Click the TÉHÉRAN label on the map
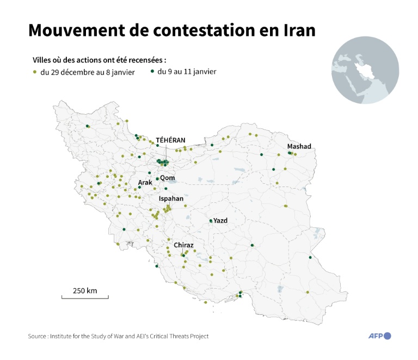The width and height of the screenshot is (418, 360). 170,140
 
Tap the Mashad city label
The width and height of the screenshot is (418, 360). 299,146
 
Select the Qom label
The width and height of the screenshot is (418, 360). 167,177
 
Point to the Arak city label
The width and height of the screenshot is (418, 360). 145,182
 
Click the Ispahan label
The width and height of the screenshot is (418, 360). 170,199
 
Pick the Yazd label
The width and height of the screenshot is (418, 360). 220,220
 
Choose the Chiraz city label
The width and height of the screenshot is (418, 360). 183,245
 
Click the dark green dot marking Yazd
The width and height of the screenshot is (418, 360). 211,221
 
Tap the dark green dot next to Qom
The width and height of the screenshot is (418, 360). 157,178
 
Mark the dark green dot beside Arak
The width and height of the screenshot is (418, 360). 140,188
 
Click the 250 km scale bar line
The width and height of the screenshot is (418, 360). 85,297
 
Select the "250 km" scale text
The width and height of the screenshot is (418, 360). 84,290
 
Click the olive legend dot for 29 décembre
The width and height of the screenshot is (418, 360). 35,72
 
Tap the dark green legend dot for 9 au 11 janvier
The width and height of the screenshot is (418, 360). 152,72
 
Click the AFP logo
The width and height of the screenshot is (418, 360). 379,336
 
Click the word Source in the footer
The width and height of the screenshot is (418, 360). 38,336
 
